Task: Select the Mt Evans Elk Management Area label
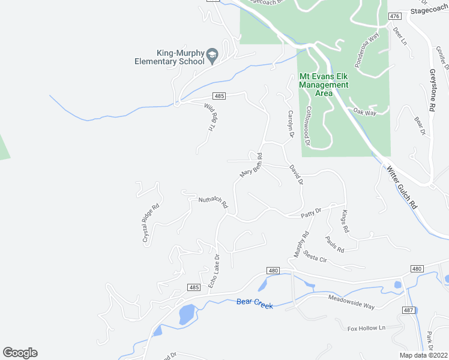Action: tap(324, 85)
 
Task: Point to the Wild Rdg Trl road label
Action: tap(210, 118)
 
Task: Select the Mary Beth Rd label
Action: tap(252, 165)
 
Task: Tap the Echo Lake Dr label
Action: tap(214, 269)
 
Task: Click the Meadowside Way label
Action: tap(351, 302)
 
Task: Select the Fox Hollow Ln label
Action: tap(366, 328)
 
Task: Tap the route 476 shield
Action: tap(394, 16)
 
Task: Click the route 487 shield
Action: tap(408, 310)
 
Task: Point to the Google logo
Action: tap(20, 353)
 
